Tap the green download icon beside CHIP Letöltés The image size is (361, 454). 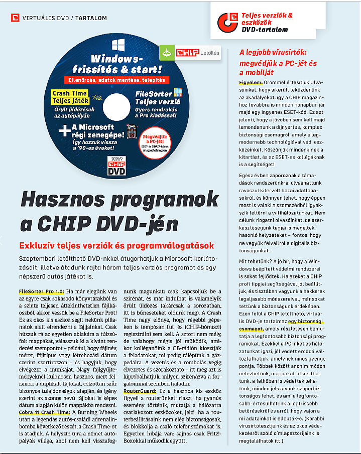pos(166,52)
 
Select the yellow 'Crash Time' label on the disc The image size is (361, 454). pos(70,93)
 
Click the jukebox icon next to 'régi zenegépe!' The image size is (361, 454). pos(132,131)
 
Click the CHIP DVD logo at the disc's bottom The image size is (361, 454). pos(116,167)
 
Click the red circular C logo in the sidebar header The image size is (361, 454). pos(227,22)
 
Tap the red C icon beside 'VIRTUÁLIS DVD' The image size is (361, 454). pos(15,18)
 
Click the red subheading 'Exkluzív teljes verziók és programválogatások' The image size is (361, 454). pos(116,245)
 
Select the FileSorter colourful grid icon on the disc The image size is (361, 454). pos(177,92)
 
